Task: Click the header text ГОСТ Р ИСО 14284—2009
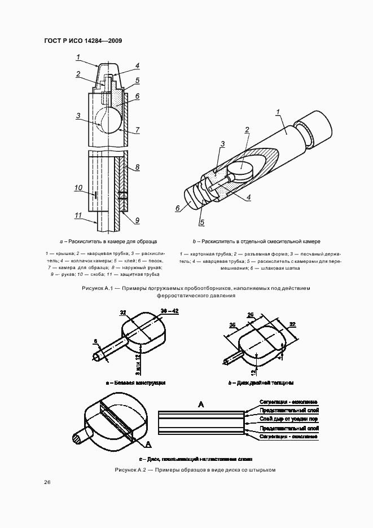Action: tap(83, 41)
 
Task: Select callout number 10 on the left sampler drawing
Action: tap(78, 187)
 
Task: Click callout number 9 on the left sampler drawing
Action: tap(137, 220)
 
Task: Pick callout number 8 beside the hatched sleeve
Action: tap(137, 168)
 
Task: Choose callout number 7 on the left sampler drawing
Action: tap(137, 130)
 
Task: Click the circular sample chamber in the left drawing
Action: tap(107, 120)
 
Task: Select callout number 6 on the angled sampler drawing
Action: tap(178, 208)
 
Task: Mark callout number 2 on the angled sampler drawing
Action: tap(247, 130)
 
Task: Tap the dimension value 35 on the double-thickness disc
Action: tap(232, 325)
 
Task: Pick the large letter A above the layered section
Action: tap(200, 404)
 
